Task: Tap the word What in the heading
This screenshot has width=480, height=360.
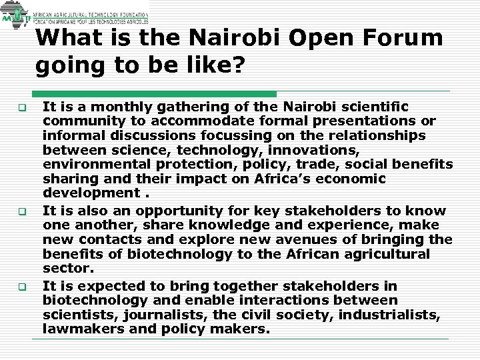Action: pos(67,38)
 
